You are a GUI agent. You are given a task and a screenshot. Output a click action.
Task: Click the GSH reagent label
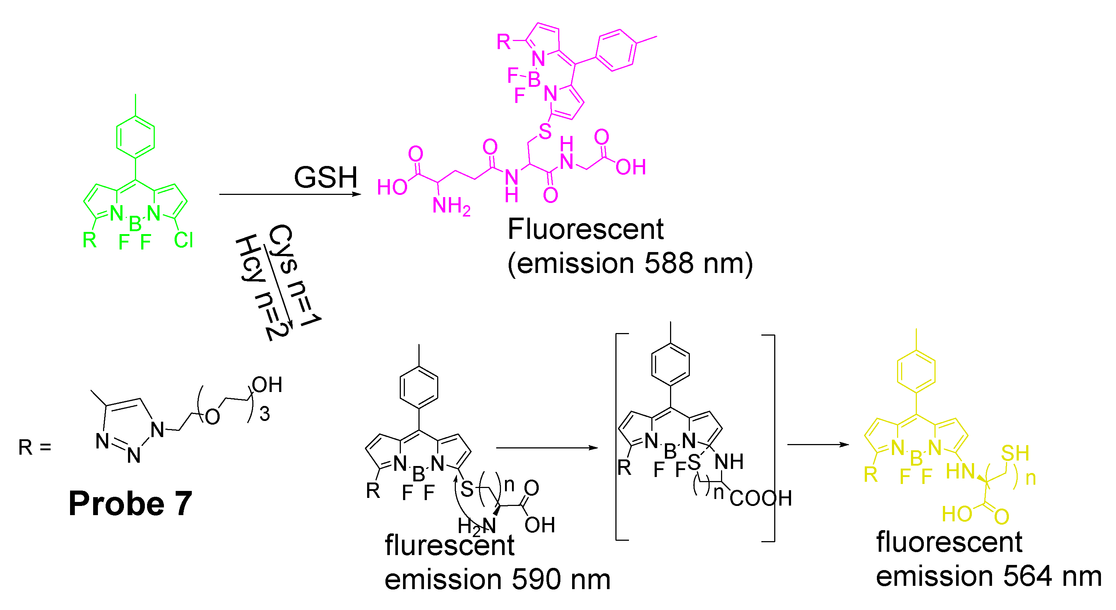(x=325, y=177)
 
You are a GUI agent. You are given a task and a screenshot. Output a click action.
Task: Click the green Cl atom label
(x=183, y=240)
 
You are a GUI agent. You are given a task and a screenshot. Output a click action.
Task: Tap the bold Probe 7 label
(x=130, y=503)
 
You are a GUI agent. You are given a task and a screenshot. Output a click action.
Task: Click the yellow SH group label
(x=1015, y=453)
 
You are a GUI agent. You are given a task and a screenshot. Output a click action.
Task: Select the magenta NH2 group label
(x=451, y=206)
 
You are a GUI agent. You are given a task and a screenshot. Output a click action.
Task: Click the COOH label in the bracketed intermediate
(x=760, y=498)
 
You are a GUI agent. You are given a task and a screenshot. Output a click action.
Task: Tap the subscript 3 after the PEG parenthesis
(x=264, y=414)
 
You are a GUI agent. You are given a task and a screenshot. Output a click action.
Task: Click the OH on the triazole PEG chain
(x=267, y=384)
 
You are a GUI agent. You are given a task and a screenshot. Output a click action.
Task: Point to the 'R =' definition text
(x=35, y=447)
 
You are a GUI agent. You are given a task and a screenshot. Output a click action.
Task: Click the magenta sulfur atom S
(x=545, y=131)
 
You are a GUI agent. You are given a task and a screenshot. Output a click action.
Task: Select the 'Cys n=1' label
(x=294, y=275)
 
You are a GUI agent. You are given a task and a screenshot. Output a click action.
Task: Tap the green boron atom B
(x=135, y=224)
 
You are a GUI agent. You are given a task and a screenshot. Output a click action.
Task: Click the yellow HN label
(x=960, y=472)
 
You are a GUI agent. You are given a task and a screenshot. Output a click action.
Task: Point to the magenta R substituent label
(x=504, y=42)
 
